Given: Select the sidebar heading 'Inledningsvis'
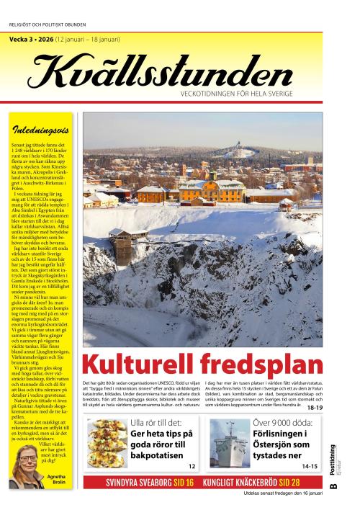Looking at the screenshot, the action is pyautogui.click(x=42, y=130).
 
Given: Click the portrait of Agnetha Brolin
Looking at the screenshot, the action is pyautogui.click(x=27, y=471).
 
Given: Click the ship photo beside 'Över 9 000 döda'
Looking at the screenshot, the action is pyautogui.click(x=229, y=443).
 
